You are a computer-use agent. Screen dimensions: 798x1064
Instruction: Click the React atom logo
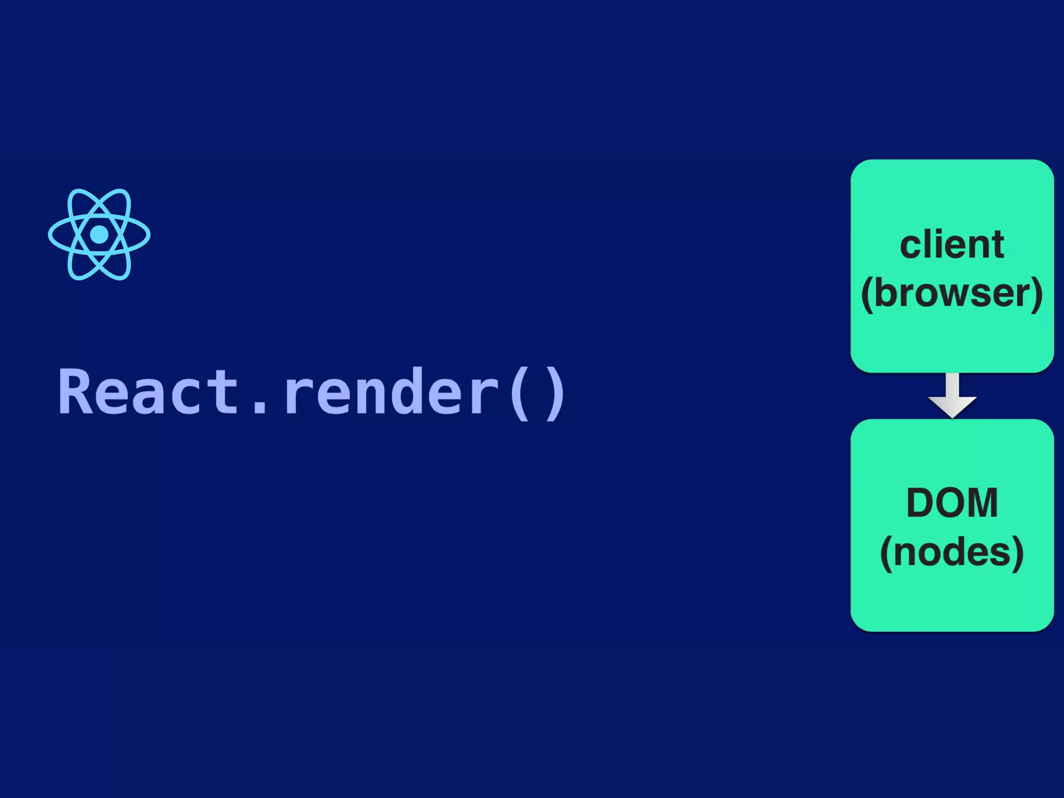(x=99, y=234)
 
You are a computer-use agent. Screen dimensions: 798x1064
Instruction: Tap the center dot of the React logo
(x=99, y=234)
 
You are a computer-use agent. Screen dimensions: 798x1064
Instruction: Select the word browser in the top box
(x=952, y=294)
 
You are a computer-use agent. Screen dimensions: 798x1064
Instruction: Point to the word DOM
(x=952, y=502)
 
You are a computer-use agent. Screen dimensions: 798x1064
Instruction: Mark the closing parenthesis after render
(x=556, y=392)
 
